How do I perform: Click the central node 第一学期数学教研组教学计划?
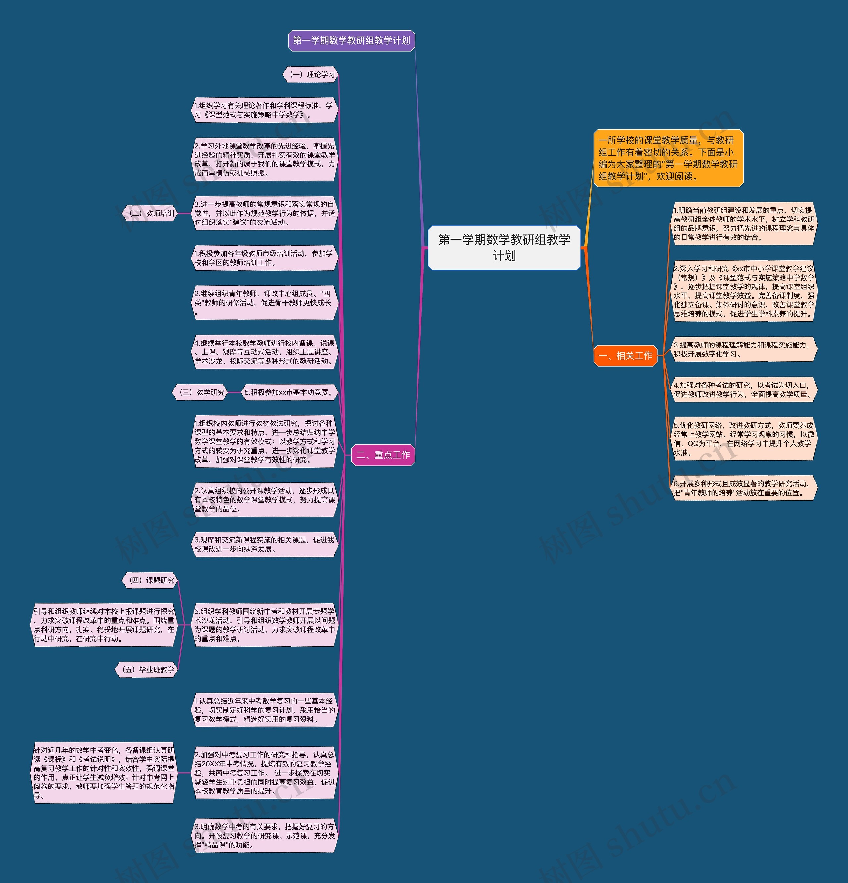tap(504, 248)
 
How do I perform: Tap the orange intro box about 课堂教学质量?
tap(668, 158)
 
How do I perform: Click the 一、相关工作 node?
tap(625, 356)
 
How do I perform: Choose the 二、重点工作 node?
tap(383, 455)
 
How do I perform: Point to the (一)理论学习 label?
tap(311, 74)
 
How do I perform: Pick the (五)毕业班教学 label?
tap(146, 669)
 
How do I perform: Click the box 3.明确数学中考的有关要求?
tap(265, 835)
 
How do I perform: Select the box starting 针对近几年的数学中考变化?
tap(104, 773)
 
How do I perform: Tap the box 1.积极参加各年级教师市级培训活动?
tap(265, 258)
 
